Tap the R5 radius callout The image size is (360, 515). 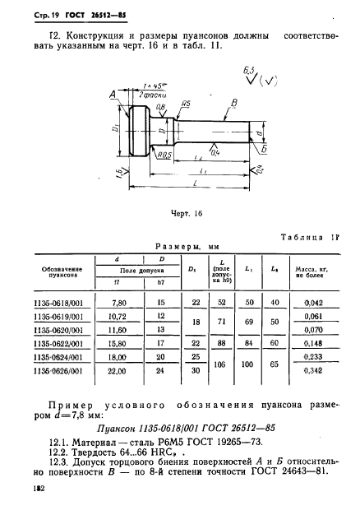[187, 104]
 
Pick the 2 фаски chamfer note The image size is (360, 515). [150, 96]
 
